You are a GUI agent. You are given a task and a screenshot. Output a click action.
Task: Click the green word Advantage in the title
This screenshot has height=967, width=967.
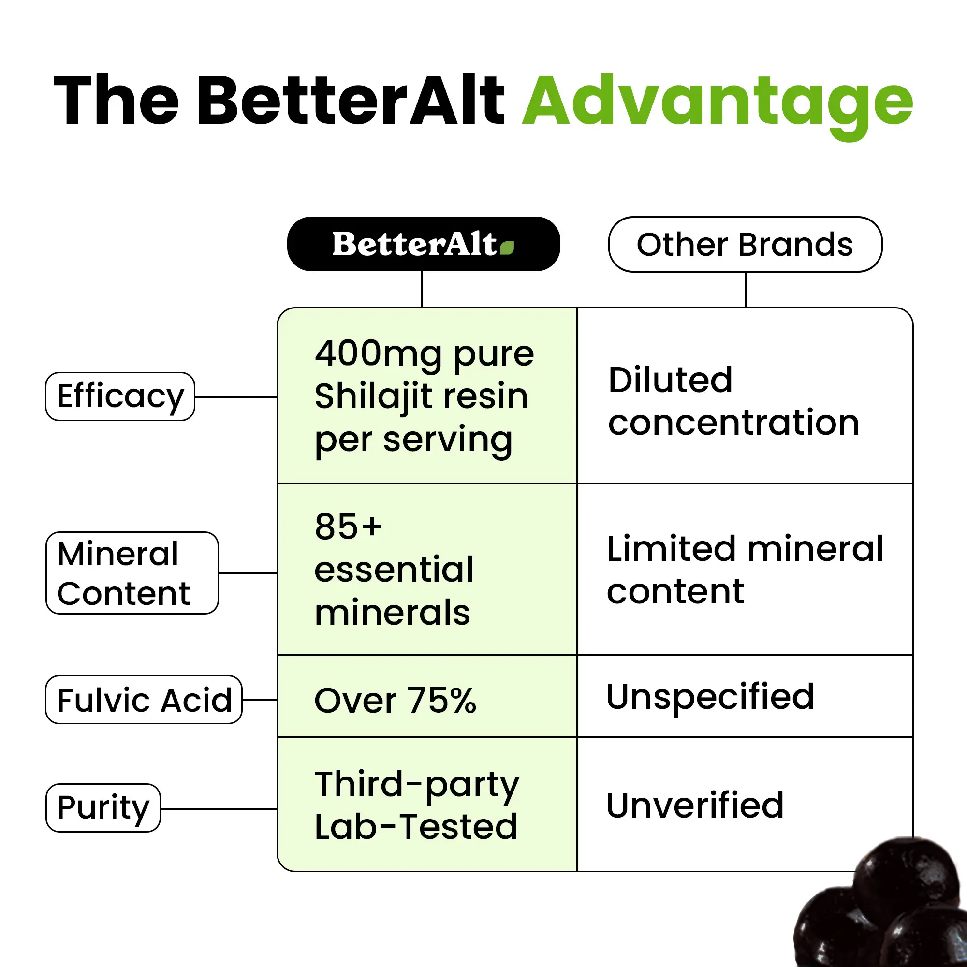(718, 105)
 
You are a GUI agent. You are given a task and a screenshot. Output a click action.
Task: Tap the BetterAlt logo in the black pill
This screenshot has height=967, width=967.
(424, 244)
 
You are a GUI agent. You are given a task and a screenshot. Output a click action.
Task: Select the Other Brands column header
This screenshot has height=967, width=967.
(745, 244)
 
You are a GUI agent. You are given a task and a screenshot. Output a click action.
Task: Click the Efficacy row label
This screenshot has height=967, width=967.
(120, 396)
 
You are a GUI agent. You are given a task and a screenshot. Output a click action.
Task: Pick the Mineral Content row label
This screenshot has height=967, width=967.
(132, 573)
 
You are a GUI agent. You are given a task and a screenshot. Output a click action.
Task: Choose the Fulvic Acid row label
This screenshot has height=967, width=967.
(144, 700)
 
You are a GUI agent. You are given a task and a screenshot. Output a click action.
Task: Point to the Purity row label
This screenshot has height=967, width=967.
(103, 808)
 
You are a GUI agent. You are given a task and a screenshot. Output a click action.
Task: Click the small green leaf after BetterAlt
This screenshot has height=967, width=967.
(507, 248)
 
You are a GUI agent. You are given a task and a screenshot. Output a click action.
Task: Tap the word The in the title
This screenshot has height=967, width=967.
(116, 100)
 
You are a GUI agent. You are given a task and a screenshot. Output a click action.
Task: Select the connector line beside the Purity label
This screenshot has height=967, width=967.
(219, 809)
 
